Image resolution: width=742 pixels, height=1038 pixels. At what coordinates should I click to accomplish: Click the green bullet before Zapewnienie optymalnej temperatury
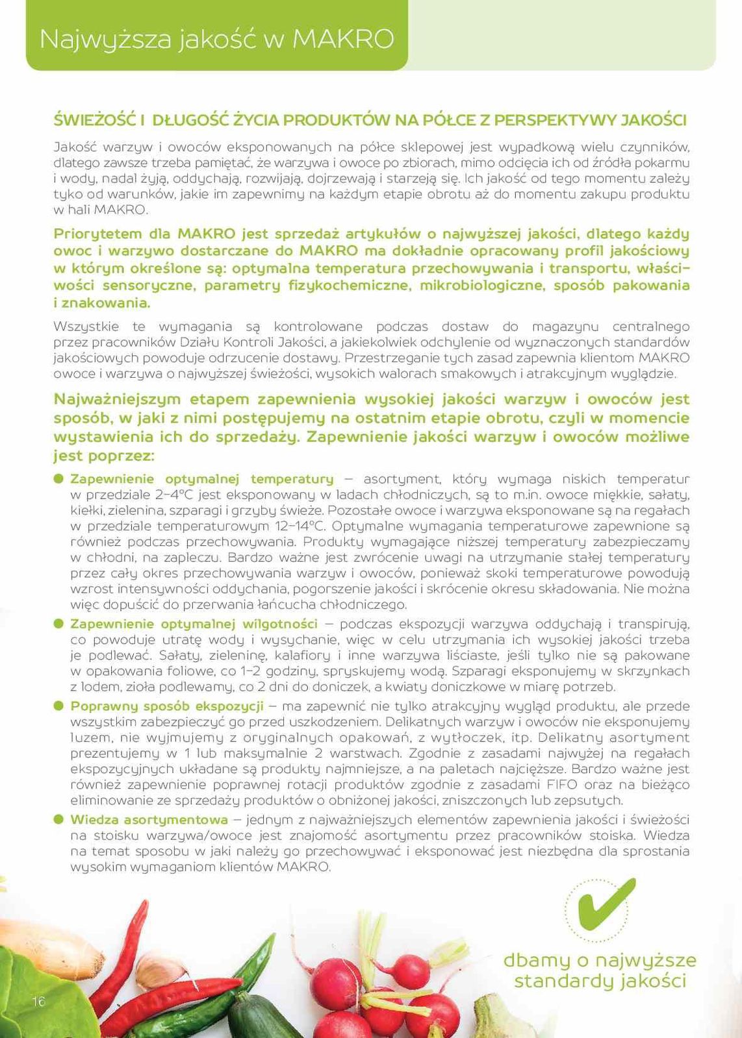58,479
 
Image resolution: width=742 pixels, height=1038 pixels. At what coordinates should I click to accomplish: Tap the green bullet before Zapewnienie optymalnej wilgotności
58,624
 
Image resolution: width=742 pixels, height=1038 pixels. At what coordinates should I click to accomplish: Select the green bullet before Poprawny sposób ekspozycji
58,706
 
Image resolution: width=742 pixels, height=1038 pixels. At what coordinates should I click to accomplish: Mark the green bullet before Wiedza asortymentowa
58,820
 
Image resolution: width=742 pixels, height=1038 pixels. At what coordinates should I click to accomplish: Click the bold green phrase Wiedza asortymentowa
149,820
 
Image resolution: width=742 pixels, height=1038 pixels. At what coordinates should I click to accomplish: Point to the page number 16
38,1002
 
